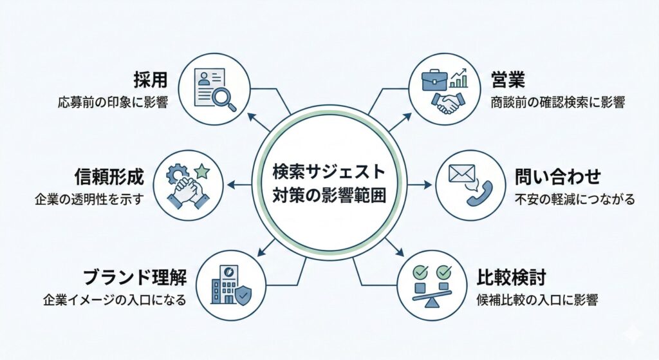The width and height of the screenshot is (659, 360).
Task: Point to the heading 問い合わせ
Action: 557,176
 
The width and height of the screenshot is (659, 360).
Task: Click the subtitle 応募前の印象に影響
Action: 113,102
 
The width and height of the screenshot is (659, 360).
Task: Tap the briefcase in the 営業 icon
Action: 434,79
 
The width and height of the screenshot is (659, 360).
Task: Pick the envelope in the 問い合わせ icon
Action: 462,174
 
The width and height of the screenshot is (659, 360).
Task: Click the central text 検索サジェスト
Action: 329,173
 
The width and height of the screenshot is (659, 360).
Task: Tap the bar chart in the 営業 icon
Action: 459,79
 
